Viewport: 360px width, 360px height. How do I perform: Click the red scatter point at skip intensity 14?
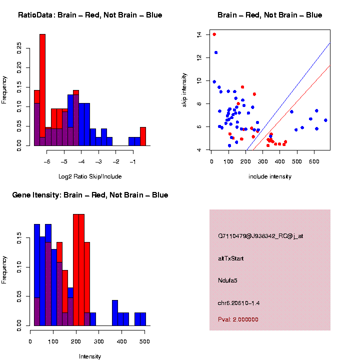click(x=214, y=34)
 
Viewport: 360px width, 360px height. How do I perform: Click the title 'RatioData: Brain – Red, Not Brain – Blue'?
click(x=90, y=15)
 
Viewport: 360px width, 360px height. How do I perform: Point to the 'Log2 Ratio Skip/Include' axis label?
click(x=90, y=176)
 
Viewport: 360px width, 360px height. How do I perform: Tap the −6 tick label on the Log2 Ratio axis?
click(x=47, y=162)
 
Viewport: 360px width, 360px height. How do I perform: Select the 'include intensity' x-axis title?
click(x=270, y=176)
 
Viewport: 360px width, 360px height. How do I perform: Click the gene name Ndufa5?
click(x=227, y=280)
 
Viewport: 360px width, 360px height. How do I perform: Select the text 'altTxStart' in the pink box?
click(x=230, y=258)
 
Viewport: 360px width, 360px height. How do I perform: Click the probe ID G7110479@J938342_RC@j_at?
click(x=260, y=236)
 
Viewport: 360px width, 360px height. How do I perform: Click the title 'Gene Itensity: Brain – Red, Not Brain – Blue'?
click(x=90, y=195)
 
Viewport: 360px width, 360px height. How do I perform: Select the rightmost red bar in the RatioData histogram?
click(x=143, y=136)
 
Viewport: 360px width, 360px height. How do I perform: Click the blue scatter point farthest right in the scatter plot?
click(x=325, y=120)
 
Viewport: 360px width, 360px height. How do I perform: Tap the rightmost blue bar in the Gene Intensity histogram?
click(x=143, y=319)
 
